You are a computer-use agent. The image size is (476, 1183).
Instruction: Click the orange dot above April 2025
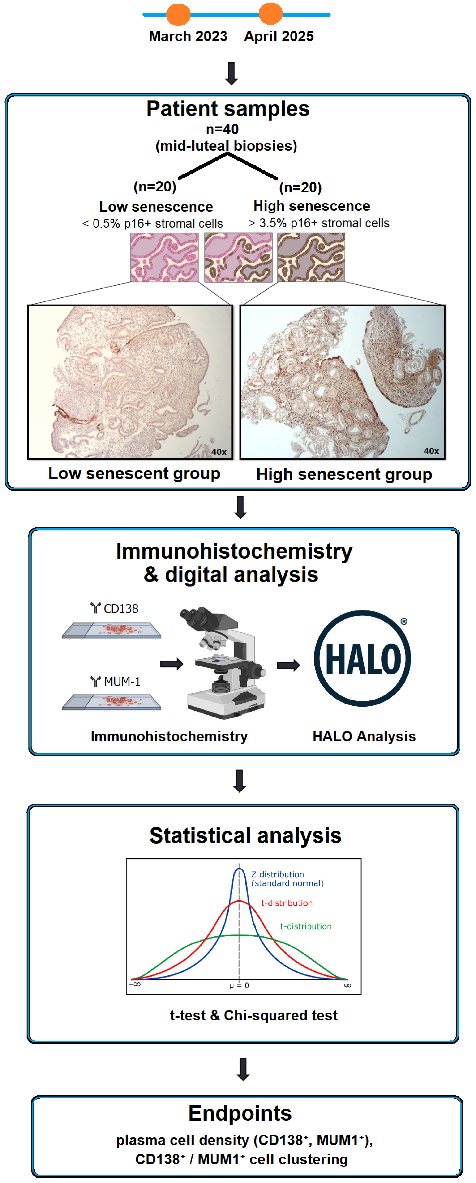tap(271, 14)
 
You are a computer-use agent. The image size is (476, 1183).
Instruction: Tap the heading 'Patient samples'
tap(228, 109)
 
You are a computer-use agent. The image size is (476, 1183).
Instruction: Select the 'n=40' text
tap(222, 129)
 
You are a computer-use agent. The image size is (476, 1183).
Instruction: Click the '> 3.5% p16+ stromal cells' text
tap(319, 223)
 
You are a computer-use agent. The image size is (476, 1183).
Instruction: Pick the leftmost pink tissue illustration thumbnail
tap(164, 257)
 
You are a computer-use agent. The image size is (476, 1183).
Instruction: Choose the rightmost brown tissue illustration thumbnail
tap(311, 257)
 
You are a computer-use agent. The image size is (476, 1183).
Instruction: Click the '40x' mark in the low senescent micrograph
tap(219, 452)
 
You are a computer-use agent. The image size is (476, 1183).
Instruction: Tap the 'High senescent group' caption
tap(344, 474)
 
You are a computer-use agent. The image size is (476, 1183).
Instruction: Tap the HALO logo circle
tap(363, 658)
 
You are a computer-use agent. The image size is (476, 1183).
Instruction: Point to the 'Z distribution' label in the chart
tap(278, 874)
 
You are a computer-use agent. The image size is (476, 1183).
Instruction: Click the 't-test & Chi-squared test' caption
tap(254, 1015)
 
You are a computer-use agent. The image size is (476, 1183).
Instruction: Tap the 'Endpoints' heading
tap(240, 1113)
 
